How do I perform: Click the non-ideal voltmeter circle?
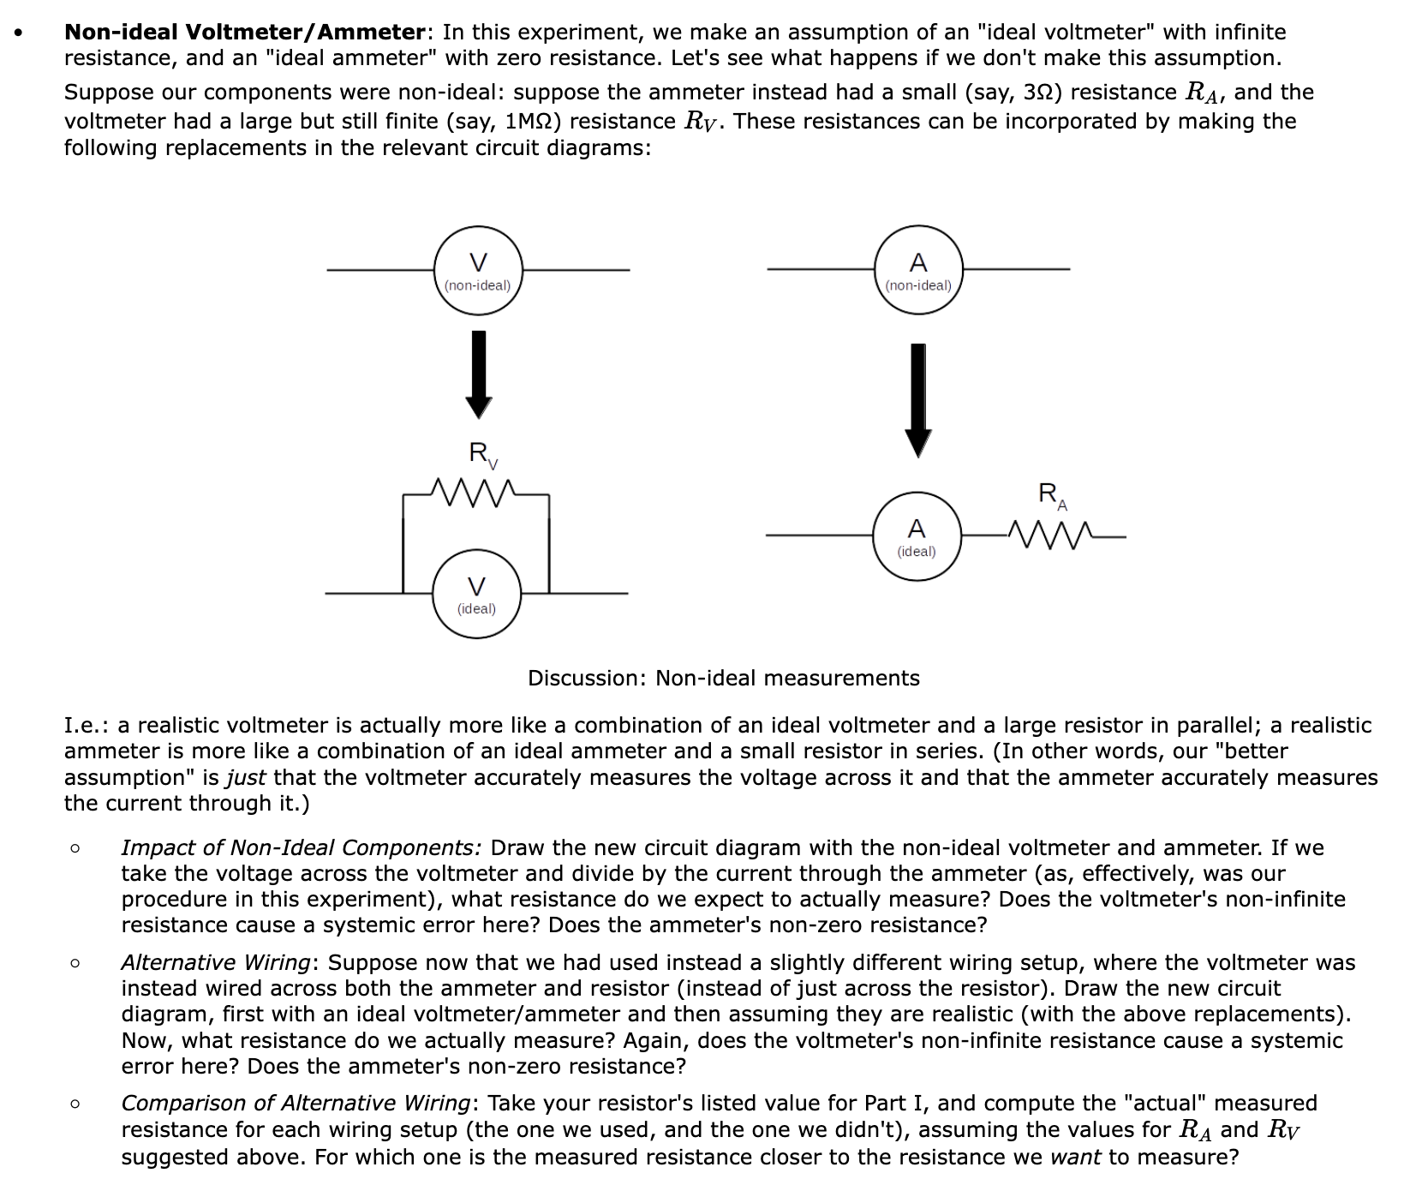[477, 270]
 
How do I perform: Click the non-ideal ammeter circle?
[918, 269]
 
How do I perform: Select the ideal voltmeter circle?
[476, 594]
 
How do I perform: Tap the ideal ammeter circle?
[917, 536]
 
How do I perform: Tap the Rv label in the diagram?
[481, 454]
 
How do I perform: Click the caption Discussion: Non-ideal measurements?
[723, 678]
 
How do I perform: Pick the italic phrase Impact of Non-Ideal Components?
[301, 847]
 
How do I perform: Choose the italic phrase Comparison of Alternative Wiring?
[298, 1103]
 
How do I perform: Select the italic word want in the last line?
[1076, 1158]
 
